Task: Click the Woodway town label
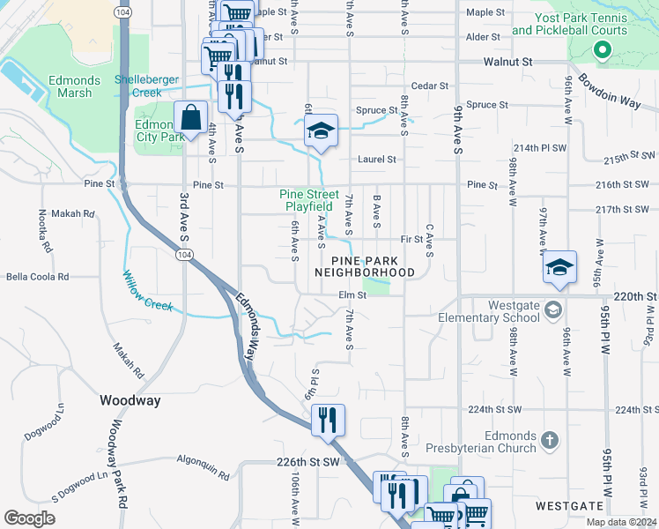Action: (x=130, y=400)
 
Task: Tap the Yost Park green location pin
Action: (x=603, y=49)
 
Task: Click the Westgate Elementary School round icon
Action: (x=552, y=309)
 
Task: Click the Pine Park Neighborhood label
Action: (x=373, y=266)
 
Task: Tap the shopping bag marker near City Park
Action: (x=190, y=118)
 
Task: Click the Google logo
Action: (x=30, y=518)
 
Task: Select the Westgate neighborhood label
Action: (x=569, y=506)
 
